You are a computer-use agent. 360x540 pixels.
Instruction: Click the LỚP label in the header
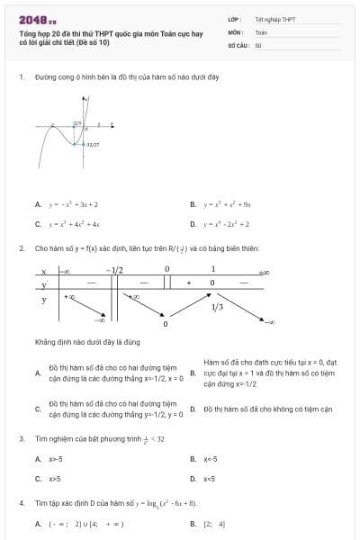pos(234,18)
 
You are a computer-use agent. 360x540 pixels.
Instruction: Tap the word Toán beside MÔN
pos(261,31)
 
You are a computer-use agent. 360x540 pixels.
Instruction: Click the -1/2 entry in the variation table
pos(114,269)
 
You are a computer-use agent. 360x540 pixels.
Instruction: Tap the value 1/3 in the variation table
pos(217,308)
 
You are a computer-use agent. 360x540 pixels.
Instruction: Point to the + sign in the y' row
pos(189,283)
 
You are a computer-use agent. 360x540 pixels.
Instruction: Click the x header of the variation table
pos(43,270)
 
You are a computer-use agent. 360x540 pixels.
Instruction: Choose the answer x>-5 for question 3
pos(55,459)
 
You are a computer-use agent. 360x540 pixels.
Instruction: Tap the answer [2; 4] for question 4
pos(215,523)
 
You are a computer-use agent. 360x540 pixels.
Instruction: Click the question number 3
pos(21,438)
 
